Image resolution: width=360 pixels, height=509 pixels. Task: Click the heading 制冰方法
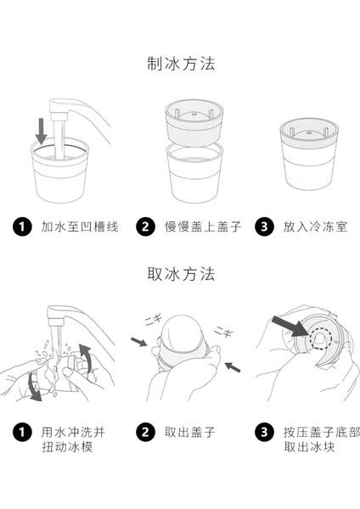[x=181, y=64]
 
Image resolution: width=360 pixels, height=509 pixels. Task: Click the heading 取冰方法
[x=181, y=274]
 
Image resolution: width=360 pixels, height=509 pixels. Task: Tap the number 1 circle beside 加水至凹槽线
[x=22, y=227]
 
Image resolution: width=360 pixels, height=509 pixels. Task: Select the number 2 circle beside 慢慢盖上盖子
[x=145, y=227]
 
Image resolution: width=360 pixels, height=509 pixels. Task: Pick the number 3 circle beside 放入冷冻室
[x=264, y=227]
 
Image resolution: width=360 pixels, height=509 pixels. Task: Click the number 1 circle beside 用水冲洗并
[x=22, y=432]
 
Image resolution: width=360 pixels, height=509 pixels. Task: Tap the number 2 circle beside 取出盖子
[x=145, y=432]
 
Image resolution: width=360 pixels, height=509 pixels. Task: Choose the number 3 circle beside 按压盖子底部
[x=264, y=432]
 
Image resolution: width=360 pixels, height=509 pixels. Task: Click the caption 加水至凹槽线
[x=80, y=227]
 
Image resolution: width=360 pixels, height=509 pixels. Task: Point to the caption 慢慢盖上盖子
[x=203, y=227]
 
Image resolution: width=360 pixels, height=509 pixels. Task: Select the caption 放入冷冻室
[x=316, y=227]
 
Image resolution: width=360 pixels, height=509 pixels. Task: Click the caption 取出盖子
[x=190, y=433]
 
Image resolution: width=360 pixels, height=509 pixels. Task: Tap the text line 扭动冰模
[x=67, y=447]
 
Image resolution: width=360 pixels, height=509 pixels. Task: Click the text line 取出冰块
[x=309, y=447]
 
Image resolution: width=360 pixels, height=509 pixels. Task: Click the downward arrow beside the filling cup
[x=42, y=131]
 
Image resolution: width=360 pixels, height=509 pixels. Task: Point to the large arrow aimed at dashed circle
[x=290, y=327]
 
